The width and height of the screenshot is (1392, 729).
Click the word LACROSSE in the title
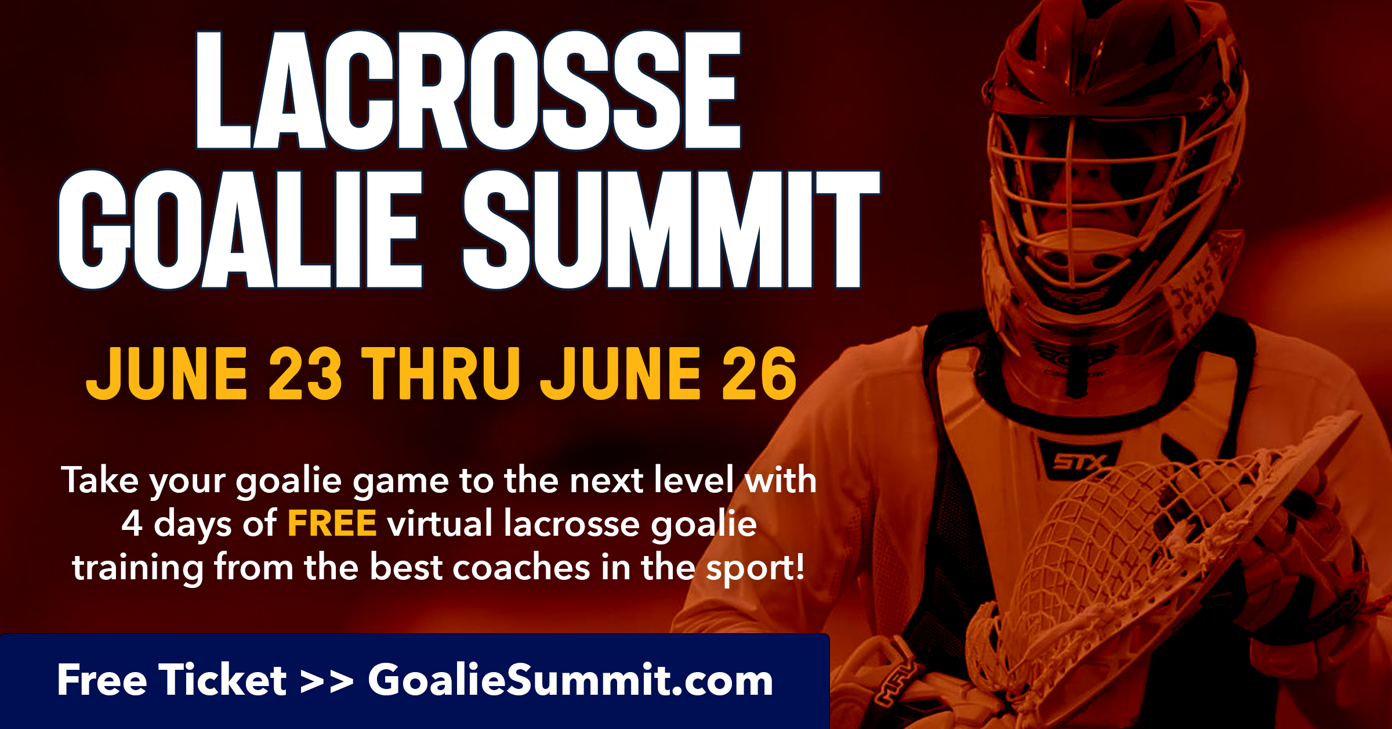[x=469, y=90]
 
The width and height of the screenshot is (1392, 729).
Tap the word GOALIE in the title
[x=241, y=229]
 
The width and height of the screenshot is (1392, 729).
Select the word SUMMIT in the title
[x=672, y=229]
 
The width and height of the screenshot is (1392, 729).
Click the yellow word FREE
[x=332, y=523]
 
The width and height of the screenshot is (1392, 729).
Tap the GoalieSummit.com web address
[x=571, y=680]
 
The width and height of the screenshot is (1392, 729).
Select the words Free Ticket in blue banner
[x=172, y=680]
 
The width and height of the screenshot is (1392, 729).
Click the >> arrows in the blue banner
[x=327, y=682]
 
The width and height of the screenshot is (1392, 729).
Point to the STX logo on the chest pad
[x=1079, y=461]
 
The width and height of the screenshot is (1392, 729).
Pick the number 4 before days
[x=132, y=523]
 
